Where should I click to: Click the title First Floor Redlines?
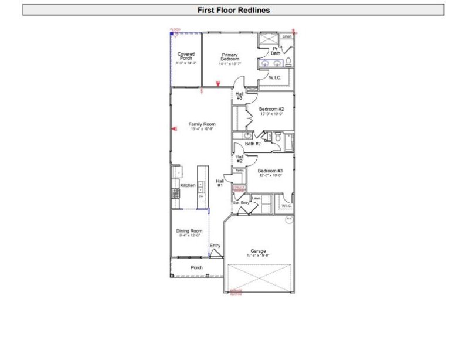[233, 10]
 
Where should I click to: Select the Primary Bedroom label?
[230, 57]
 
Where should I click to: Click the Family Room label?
[202, 125]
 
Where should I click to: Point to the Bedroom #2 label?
[271, 110]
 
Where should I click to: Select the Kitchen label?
[188, 185]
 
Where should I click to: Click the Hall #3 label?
[239, 96]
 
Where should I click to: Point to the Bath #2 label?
[253, 144]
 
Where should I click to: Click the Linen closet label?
[286, 36]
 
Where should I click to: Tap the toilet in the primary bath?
[288, 63]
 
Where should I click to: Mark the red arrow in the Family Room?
[174, 128]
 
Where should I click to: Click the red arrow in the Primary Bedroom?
[218, 84]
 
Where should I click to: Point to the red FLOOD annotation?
[175, 29]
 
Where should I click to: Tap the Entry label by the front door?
[215, 246]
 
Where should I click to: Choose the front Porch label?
[197, 268]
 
